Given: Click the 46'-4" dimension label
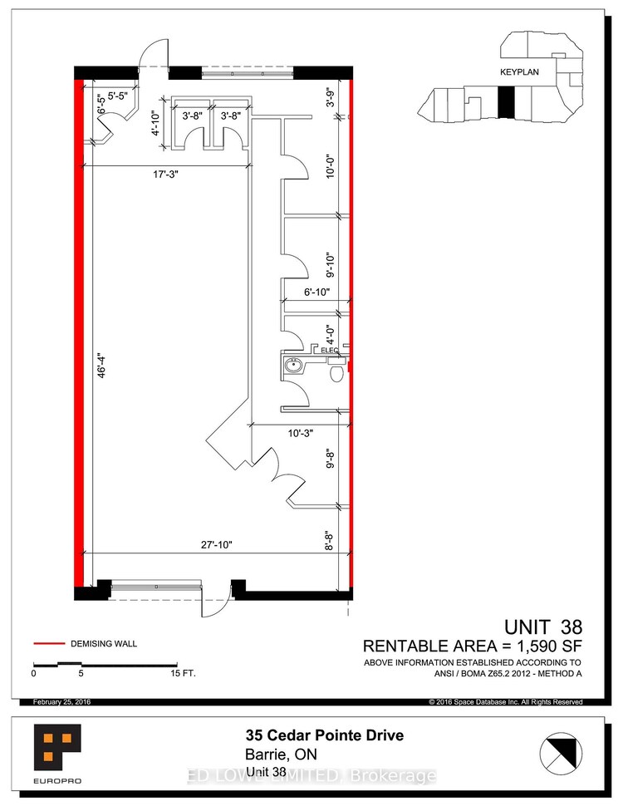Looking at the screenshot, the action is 102,365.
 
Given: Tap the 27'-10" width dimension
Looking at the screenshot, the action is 217,545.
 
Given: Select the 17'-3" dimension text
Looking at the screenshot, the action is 165,174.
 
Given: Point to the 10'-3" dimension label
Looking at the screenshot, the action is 301,433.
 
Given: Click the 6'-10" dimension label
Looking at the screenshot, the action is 316,292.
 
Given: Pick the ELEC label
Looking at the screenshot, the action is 330,350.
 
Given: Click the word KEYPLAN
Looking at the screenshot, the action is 519,72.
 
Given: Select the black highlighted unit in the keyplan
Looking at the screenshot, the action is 507,101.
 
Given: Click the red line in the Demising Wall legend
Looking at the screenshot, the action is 49,643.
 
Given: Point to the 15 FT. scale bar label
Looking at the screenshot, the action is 184,673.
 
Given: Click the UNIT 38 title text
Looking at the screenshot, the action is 543,627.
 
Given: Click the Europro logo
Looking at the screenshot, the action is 57,754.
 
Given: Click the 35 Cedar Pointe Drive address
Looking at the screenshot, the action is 324,735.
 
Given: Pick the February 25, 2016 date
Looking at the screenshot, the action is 61,701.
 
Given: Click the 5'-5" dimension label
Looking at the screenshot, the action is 118,96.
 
